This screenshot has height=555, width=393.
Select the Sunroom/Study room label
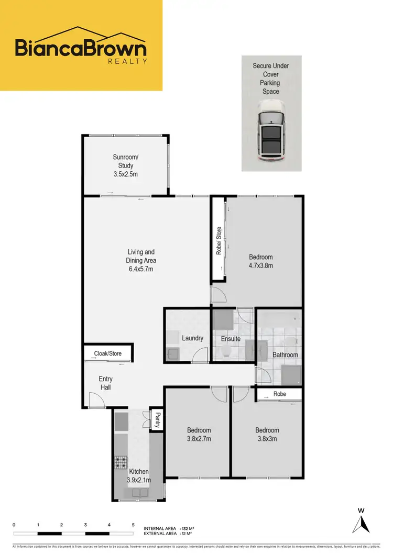126,165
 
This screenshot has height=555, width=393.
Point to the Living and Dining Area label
141,260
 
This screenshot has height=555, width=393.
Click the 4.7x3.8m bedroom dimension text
260,265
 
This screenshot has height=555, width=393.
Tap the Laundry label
192,338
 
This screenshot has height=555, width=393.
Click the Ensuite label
230,339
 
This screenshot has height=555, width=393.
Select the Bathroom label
285,355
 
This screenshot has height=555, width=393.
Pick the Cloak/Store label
108,353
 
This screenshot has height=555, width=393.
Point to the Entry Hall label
105,383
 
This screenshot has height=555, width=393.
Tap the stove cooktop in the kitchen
122,463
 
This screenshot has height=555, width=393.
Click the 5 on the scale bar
133,525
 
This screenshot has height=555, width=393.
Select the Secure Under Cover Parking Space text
270,79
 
